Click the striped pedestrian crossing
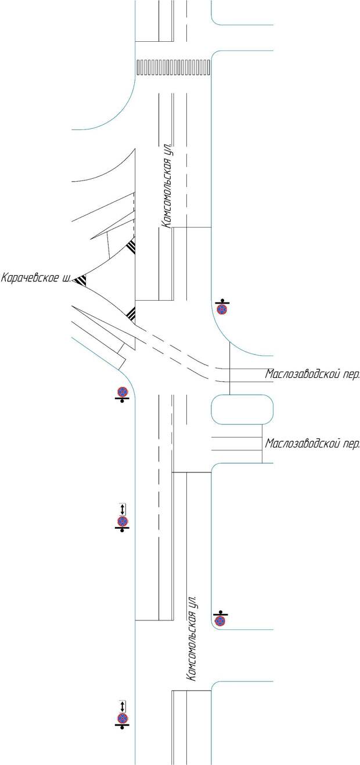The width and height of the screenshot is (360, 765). click(173, 67)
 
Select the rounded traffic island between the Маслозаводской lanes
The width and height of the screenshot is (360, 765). click(242, 410)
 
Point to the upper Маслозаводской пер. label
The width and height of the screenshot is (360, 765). click(312, 374)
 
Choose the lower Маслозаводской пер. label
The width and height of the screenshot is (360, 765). click(312, 444)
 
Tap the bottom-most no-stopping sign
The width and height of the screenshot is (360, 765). click(122, 719)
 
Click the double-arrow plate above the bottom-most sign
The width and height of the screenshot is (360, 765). click(122, 706)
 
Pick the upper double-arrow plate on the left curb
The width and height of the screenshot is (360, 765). click(122, 508)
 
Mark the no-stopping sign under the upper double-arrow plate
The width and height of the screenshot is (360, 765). click(122, 522)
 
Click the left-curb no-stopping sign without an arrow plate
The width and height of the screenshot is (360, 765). click(122, 392)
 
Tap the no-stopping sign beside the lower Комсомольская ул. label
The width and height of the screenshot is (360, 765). click(220, 621)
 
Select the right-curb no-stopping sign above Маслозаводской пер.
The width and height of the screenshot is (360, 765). click(222, 309)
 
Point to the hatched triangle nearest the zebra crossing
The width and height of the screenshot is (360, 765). click(132, 247)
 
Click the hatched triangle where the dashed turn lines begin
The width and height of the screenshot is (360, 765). click(131, 314)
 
